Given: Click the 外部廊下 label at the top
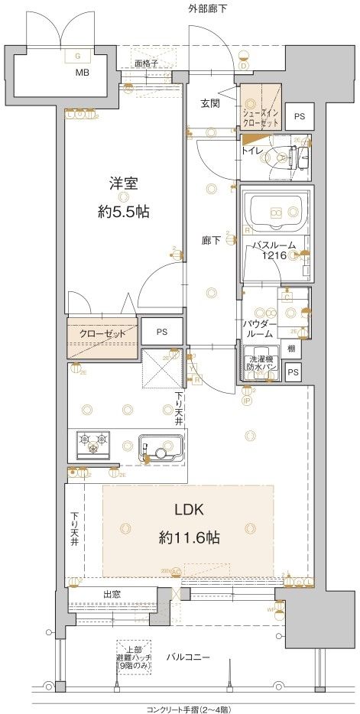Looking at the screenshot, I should click(x=207, y=8).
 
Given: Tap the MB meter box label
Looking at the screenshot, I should click(x=81, y=73).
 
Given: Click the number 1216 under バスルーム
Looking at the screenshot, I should click(x=276, y=257).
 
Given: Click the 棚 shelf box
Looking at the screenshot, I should click(x=292, y=349).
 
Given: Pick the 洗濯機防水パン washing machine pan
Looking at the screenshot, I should click(x=262, y=364).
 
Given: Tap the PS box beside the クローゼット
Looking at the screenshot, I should click(x=161, y=332).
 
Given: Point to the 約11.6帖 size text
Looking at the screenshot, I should click(x=190, y=537).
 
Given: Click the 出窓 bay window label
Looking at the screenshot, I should click(x=112, y=594).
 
